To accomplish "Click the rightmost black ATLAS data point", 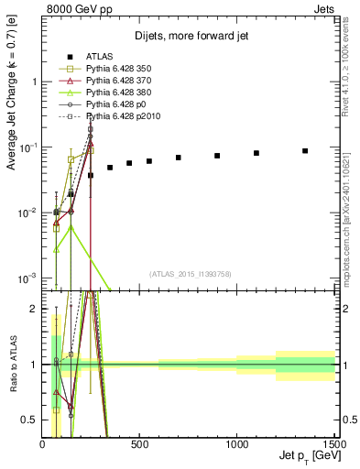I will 305,151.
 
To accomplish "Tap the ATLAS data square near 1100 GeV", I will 256,153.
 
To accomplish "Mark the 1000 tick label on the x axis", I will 236,444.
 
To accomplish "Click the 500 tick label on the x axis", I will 139,444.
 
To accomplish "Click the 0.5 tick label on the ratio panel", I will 29,420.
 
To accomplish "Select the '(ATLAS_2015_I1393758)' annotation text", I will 189,274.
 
